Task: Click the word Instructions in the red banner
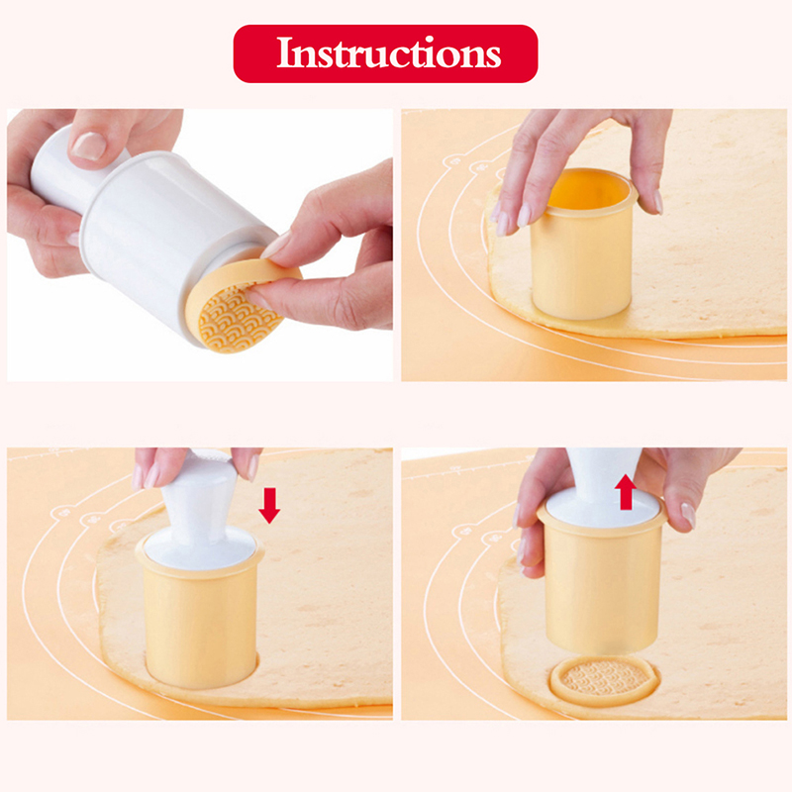388,52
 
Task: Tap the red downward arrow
269,505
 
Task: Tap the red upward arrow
626,491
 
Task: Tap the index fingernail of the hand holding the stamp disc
277,244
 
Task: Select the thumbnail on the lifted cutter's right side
688,514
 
